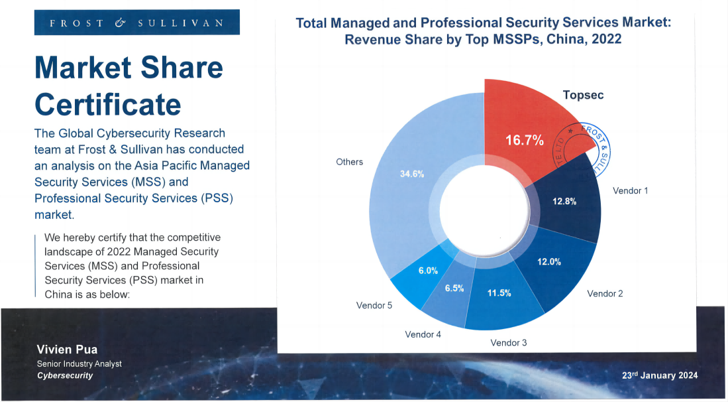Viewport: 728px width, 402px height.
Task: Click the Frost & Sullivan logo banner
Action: tap(137, 23)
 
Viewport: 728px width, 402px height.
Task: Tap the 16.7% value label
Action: tap(524, 141)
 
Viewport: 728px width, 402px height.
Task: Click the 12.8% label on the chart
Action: tap(564, 202)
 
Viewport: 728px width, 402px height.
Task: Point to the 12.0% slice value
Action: tap(548, 262)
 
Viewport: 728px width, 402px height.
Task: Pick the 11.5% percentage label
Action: tap(499, 293)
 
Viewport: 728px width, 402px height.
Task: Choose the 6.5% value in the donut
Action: tap(454, 288)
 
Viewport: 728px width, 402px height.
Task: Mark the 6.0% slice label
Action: tap(428, 271)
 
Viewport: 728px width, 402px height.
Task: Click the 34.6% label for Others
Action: tap(411, 174)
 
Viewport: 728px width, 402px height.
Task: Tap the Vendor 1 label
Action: tap(630, 190)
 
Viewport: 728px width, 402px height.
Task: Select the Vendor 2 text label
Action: tap(605, 293)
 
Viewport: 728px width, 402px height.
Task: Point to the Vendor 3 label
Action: tap(509, 343)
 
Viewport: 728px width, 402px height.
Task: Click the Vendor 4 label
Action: tap(423, 334)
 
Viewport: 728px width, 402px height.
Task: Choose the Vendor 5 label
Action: tap(374, 306)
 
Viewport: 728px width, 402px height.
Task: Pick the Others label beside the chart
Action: tap(349, 162)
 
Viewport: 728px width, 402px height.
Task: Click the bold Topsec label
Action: tap(583, 95)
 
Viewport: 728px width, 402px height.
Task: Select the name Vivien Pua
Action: tap(67, 350)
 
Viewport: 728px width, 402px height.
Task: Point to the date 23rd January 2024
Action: tap(659, 375)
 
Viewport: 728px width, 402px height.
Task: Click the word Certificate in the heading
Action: tap(107, 105)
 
